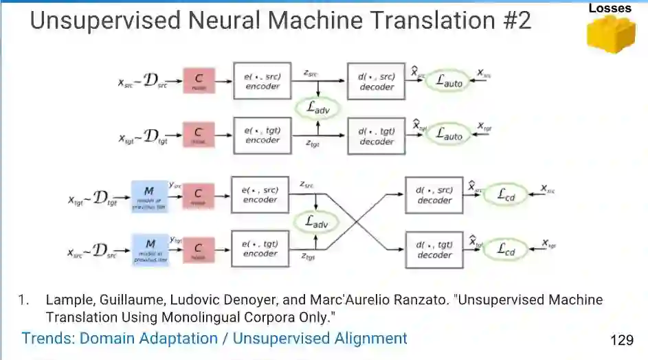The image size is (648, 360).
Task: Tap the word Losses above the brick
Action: pos(610,8)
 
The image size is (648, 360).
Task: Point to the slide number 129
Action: pos(621,340)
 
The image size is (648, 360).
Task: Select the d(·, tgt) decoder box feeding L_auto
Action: pos(377,135)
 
